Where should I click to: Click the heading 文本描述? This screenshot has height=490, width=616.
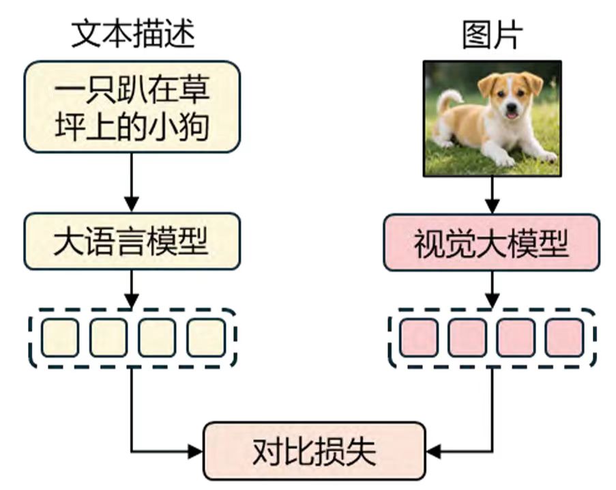coord(133,34)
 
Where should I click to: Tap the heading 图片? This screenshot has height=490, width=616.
coord(492,34)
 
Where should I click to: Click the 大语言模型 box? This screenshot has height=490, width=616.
coord(132,242)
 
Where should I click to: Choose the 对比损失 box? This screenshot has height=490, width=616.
coord(314,450)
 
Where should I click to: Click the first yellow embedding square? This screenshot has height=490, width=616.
coord(59,337)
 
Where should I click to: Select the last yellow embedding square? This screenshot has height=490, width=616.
coord(205,337)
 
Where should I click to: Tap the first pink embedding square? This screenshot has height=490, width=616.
coord(419,337)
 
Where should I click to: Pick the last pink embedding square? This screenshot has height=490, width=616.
coord(564,337)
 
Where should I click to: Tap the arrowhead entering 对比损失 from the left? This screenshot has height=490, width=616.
coord(196,450)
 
